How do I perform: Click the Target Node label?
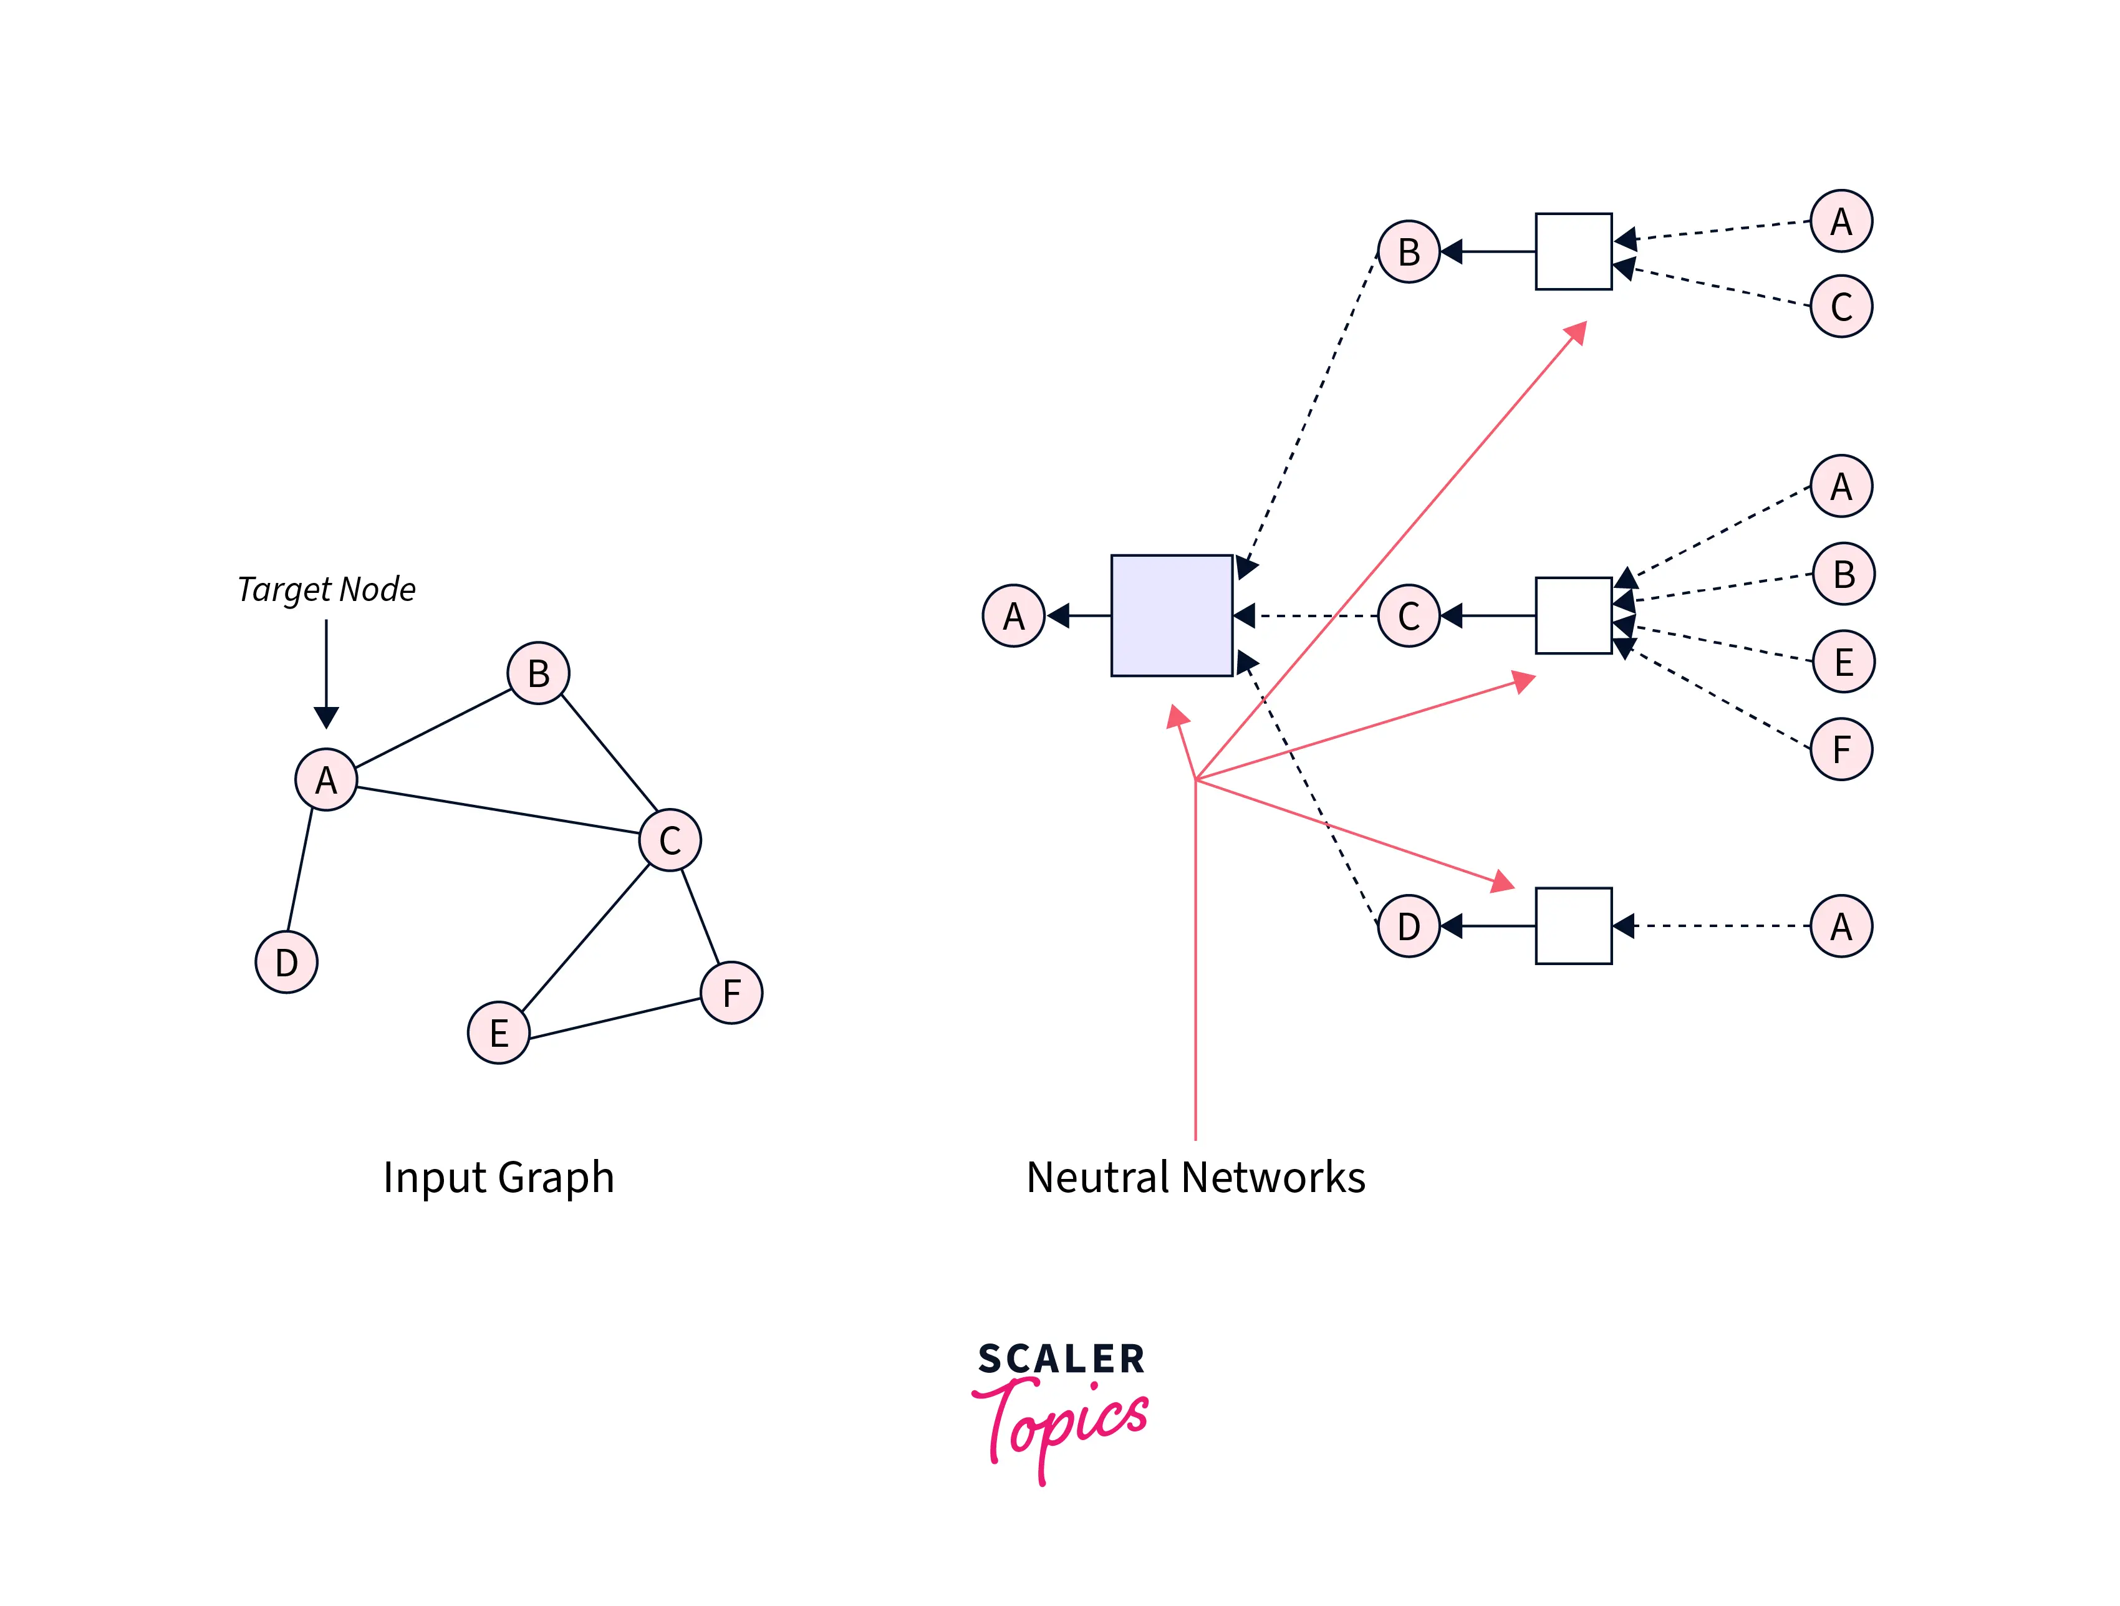(x=326, y=589)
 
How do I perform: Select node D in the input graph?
(x=287, y=961)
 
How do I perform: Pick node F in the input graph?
(x=731, y=993)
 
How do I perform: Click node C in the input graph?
(x=670, y=840)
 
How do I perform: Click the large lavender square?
(x=1171, y=615)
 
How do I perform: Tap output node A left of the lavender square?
(x=1013, y=615)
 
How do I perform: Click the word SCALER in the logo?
(x=1061, y=1358)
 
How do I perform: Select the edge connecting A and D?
(x=300, y=870)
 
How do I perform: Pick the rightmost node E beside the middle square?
(x=1843, y=661)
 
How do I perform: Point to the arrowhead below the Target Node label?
(x=326, y=717)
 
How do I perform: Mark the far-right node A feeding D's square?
(x=1841, y=926)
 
